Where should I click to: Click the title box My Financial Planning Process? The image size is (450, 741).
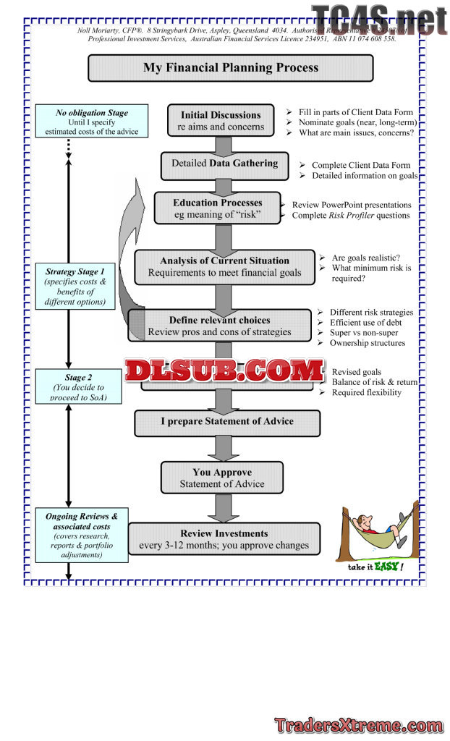(230, 68)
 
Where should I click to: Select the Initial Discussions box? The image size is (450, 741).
(221, 121)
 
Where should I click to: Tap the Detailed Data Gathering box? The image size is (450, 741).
(224, 164)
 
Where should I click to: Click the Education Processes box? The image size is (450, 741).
(217, 208)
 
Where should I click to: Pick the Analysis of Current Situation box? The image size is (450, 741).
(224, 266)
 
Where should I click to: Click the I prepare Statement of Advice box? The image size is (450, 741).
(227, 422)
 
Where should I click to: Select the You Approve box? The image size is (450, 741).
(221, 478)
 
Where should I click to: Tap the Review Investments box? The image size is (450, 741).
(224, 539)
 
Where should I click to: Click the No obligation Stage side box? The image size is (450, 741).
(92, 122)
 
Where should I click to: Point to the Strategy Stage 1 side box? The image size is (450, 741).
(75, 287)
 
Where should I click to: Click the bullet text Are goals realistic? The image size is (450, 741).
(367, 257)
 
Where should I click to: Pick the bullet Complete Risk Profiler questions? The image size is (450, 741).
(351, 215)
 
